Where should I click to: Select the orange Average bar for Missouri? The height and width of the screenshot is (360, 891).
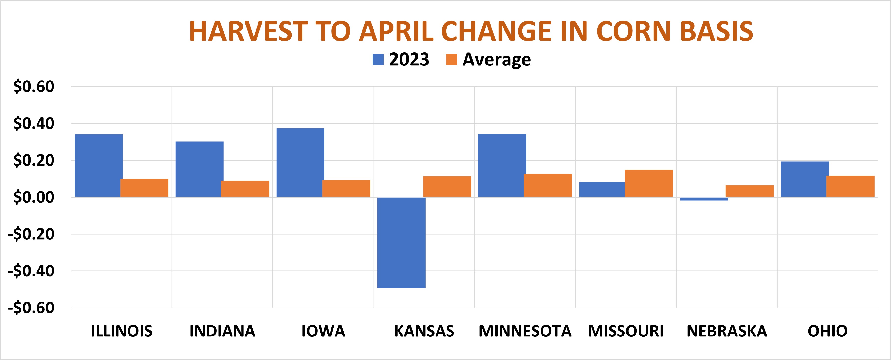tap(649, 183)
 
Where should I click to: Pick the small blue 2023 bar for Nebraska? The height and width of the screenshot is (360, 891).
tap(704, 199)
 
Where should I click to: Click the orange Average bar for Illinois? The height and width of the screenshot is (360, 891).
tap(144, 188)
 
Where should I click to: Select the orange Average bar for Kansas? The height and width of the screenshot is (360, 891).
tap(447, 187)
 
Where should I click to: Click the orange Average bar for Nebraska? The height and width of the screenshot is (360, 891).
tap(749, 191)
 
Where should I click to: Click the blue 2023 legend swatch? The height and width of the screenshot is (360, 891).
tap(378, 60)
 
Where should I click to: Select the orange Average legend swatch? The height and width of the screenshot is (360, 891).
tap(451, 60)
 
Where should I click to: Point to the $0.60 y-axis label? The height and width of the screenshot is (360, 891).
tap(34, 87)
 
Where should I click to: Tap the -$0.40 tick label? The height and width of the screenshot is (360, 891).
tap(31, 271)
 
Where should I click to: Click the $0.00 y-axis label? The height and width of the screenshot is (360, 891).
tap(34, 197)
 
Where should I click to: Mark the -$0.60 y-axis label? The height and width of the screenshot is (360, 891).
tap(31, 308)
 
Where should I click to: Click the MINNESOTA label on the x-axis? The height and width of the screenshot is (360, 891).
tap(525, 331)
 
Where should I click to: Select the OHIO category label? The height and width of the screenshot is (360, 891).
tap(827, 331)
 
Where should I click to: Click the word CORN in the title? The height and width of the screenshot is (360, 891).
tap(634, 31)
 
